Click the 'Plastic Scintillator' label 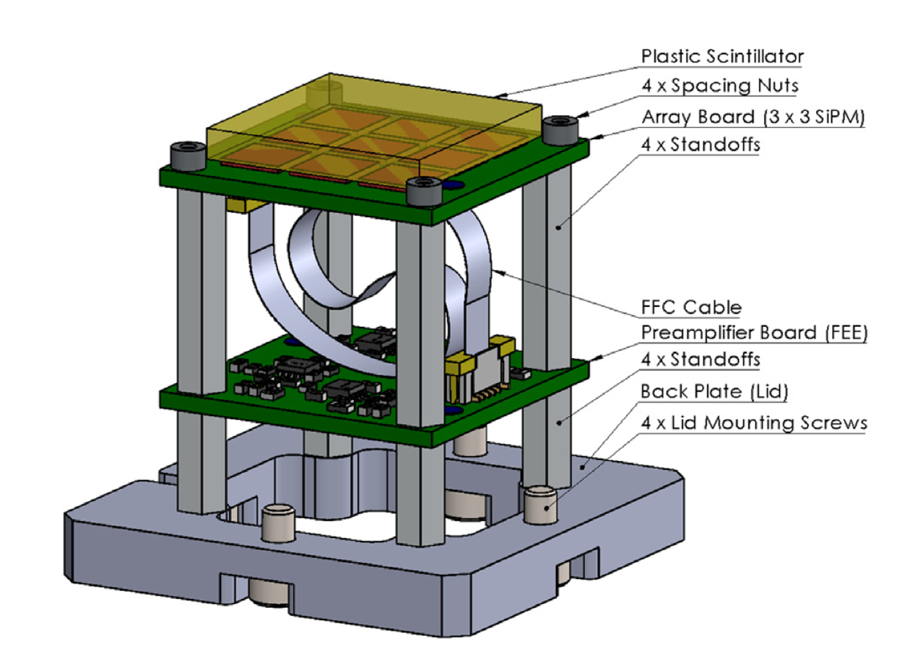[722, 56]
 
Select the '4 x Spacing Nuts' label [720, 86]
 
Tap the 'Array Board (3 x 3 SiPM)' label [753, 117]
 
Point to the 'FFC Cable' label [691, 307]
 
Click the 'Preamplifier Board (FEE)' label [754, 333]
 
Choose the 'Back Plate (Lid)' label [714, 392]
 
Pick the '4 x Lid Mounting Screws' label [754, 423]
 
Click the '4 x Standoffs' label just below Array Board [700, 144]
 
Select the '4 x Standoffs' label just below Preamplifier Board [700, 359]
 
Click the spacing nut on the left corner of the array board [188, 156]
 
